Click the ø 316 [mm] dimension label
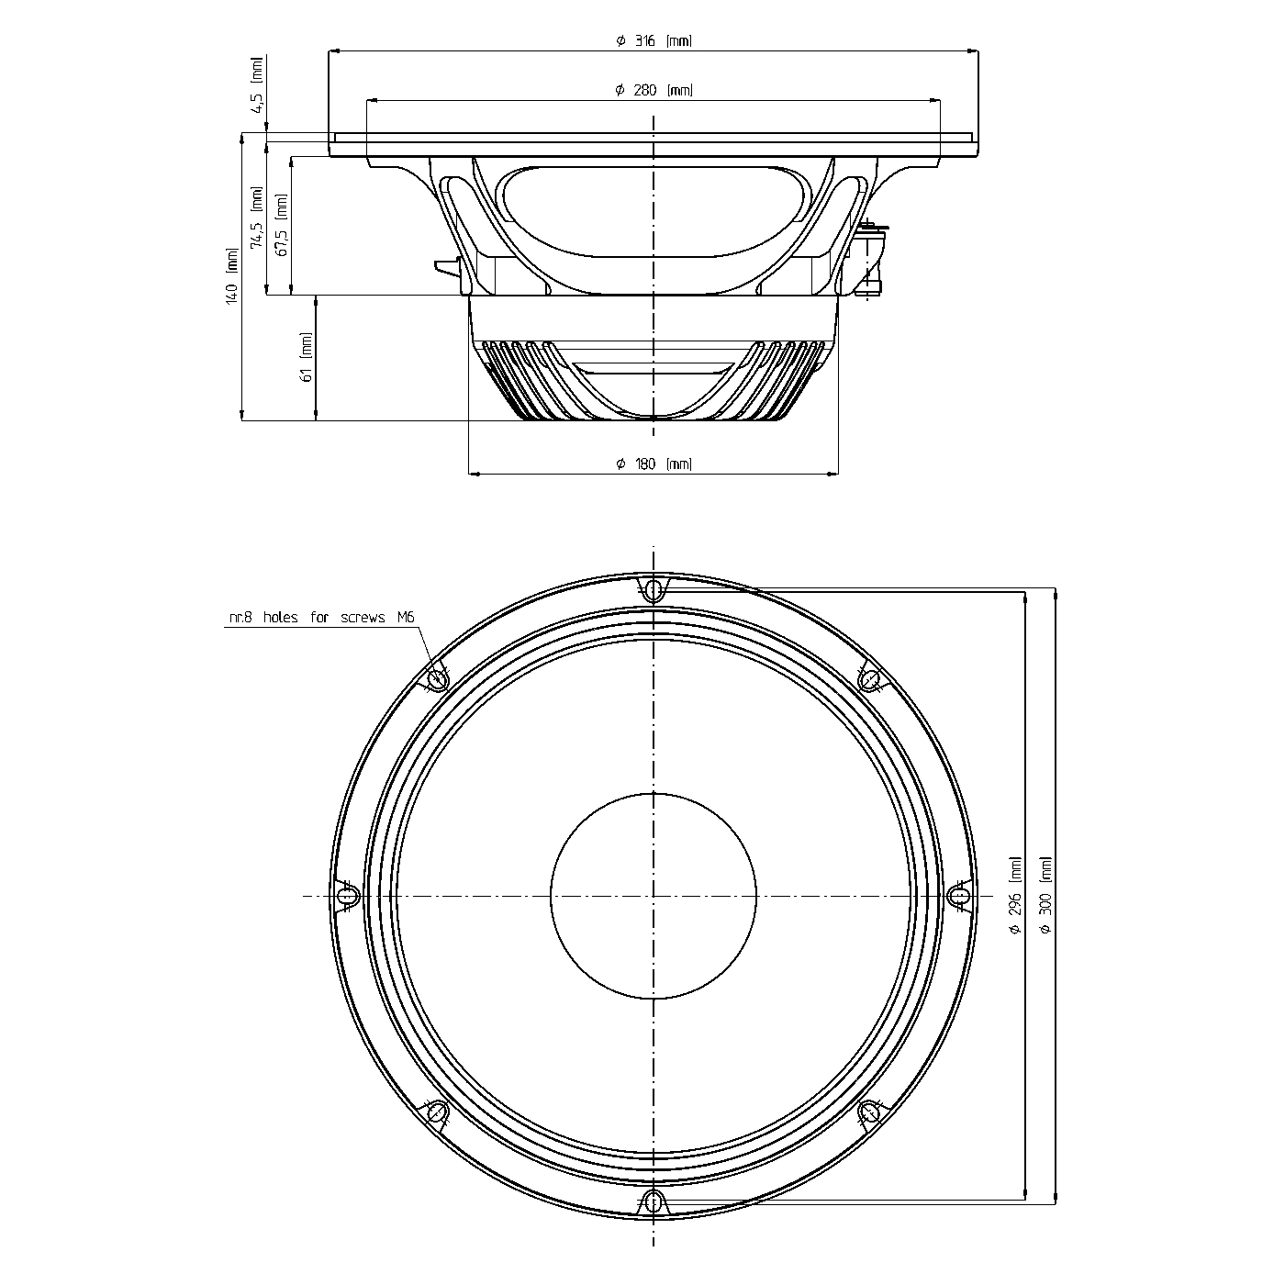click(654, 40)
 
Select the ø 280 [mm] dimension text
click(654, 90)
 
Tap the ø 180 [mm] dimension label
click(654, 464)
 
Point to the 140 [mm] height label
click(232, 275)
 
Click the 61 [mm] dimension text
click(306, 357)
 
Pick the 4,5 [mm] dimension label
click(258, 84)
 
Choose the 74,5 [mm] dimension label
click(257, 218)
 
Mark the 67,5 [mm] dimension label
click(282, 226)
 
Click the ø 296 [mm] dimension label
click(1015, 895)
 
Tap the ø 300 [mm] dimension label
click(1045, 895)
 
